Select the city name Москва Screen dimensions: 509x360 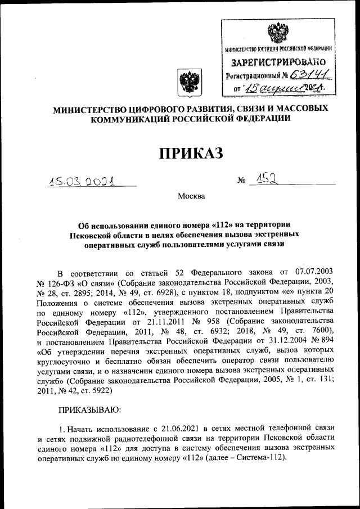(x=191, y=196)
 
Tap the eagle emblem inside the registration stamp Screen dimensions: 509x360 (x=276, y=31)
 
